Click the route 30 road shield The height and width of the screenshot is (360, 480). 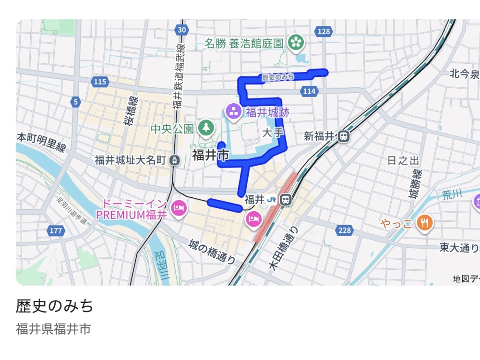point(181,30)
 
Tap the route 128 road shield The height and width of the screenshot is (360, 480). point(324,31)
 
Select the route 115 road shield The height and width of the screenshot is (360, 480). point(100,82)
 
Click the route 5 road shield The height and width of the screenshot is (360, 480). point(75,102)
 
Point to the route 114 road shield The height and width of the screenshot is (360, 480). point(310,91)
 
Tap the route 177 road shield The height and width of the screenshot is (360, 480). point(56,231)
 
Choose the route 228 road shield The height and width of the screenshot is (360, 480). point(345,230)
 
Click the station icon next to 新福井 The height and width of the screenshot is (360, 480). point(343,136)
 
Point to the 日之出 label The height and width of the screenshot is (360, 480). point(402,160)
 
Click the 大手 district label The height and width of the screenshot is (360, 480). point(271,132)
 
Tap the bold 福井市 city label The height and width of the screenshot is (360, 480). point(210,155)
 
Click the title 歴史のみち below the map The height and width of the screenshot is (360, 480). point(55,306)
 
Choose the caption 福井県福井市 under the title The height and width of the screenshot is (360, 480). point(53,329)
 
